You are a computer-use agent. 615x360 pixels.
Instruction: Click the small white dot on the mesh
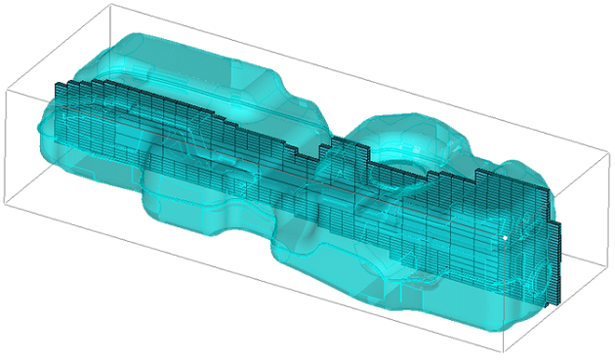coord(505,237)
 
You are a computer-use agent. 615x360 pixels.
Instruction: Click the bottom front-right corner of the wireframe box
coord(504,353)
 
